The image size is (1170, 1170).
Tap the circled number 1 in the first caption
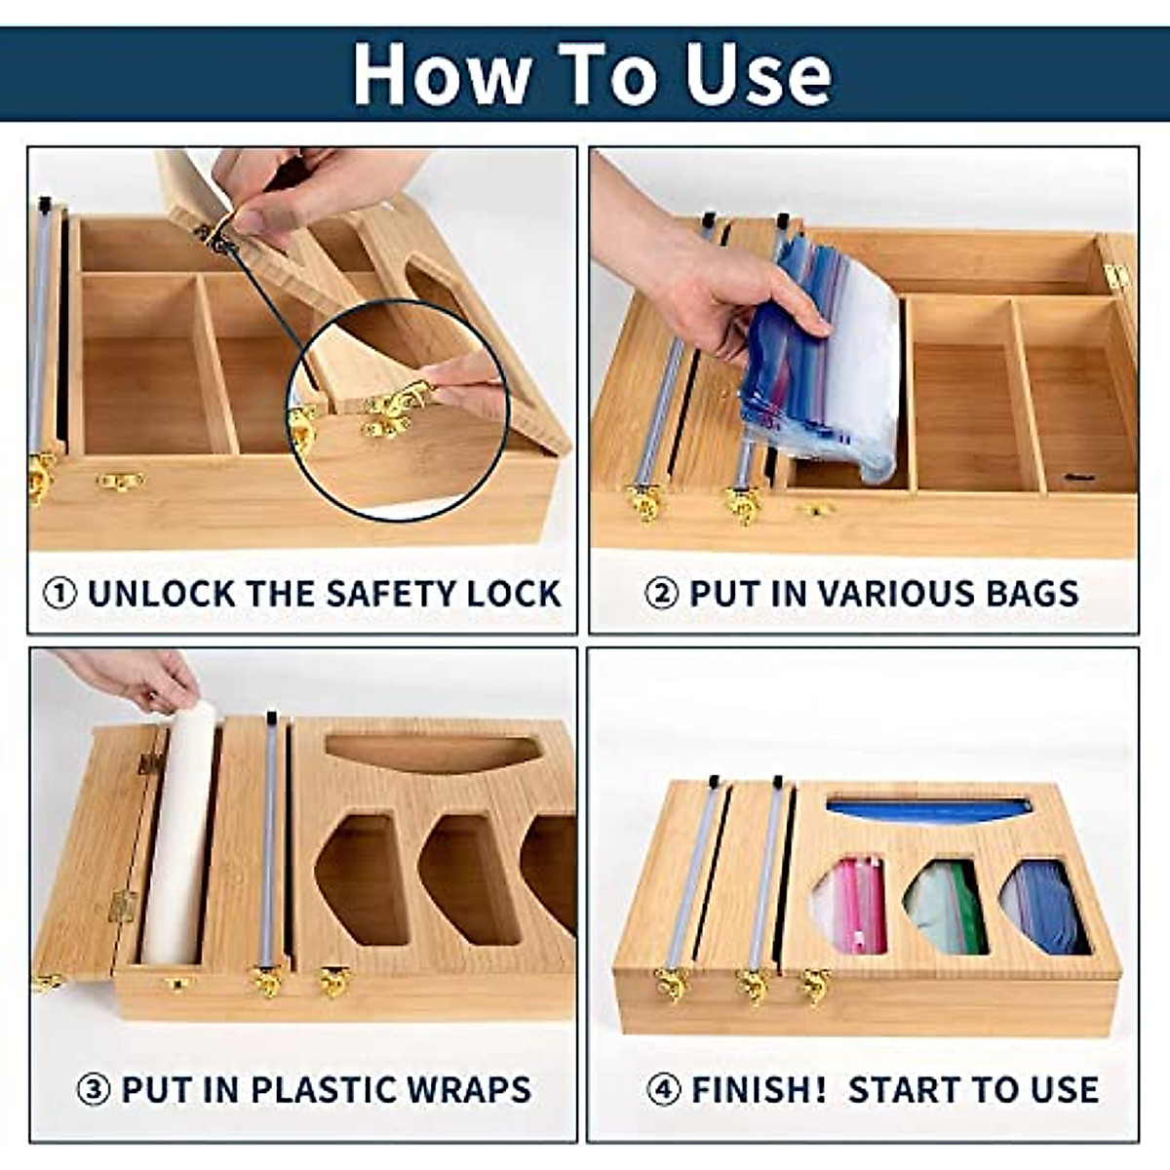pos(60,594)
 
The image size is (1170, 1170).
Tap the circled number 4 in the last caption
pos(664,1089)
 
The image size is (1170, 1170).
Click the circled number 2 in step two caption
pos(662,594)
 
